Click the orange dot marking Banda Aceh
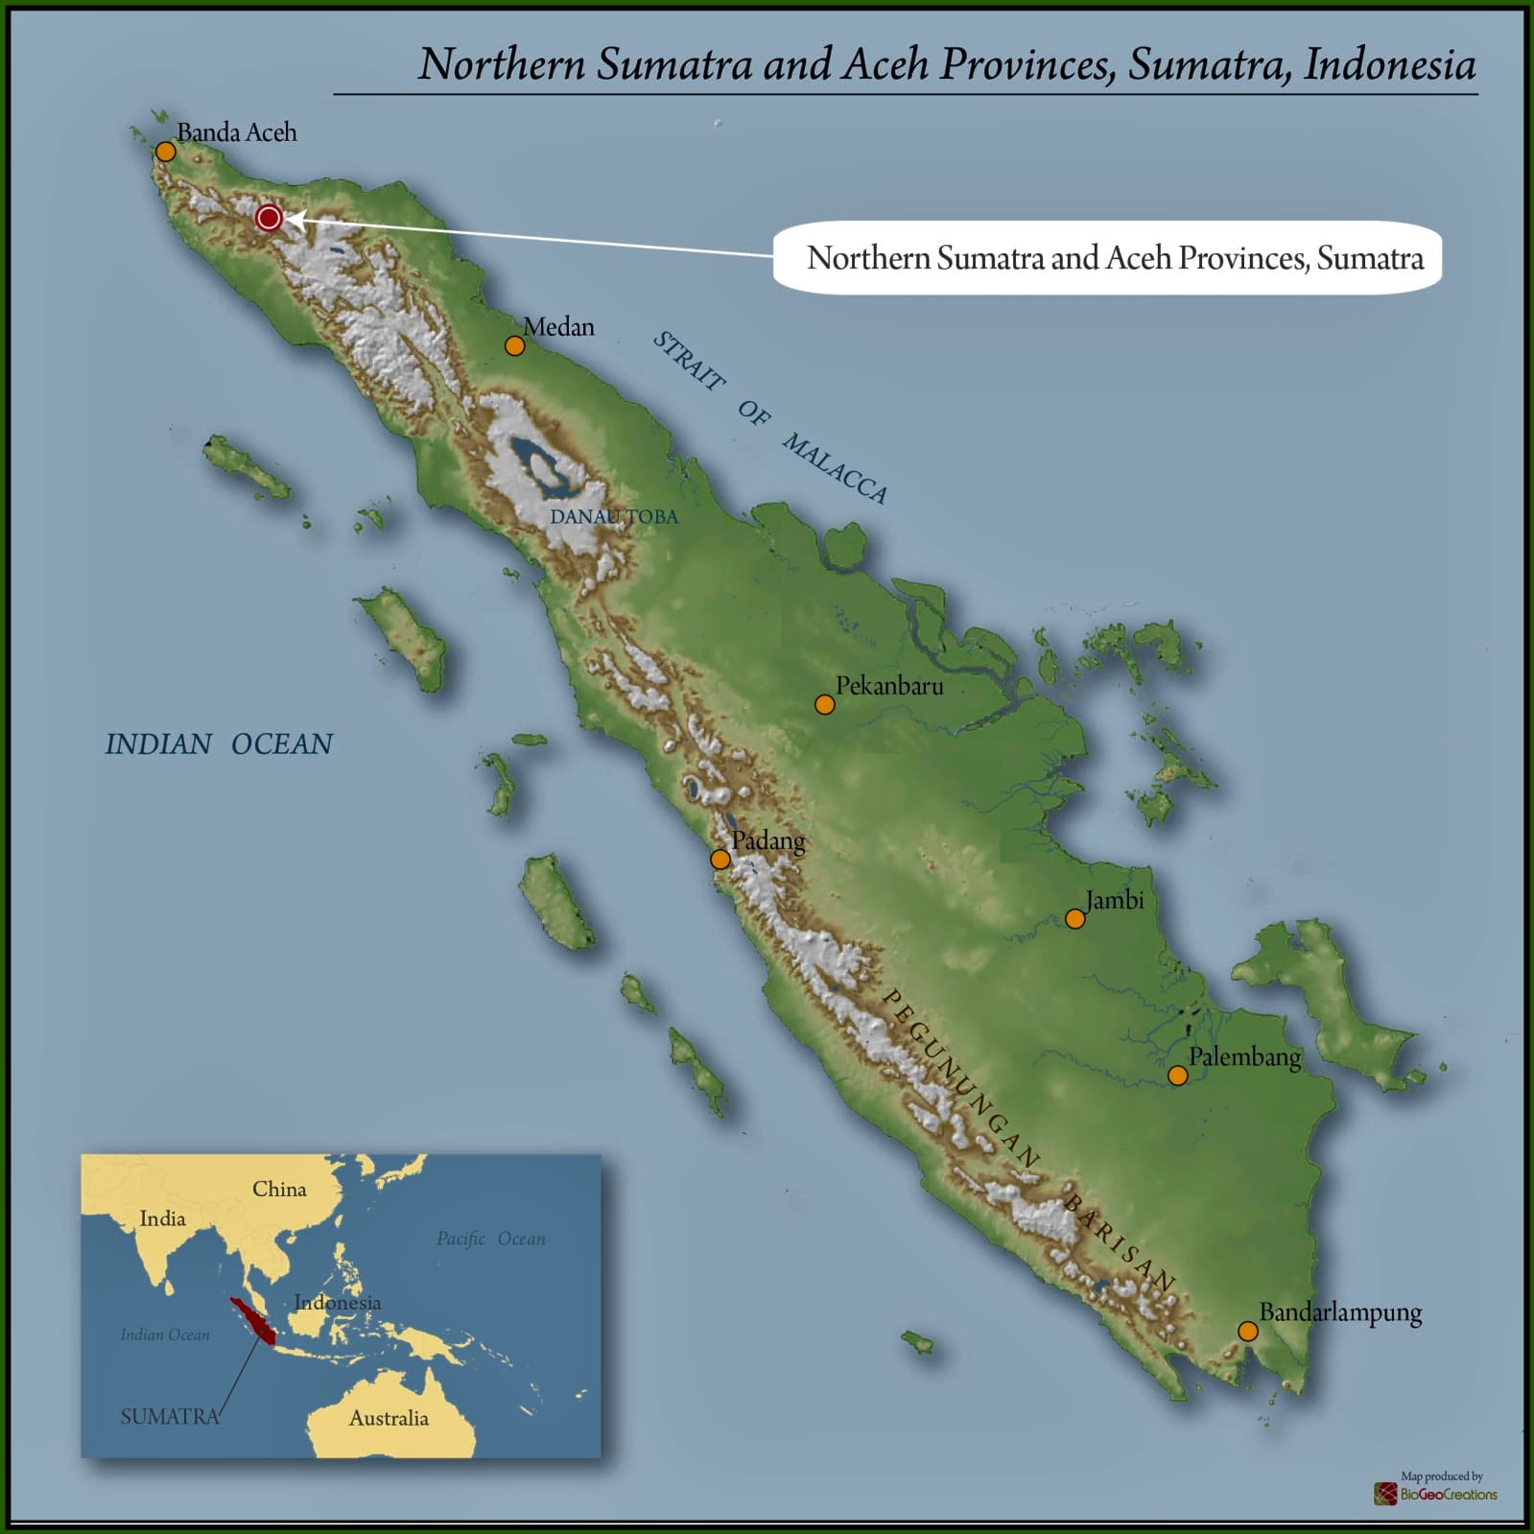tap(166, 152)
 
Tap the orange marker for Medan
tap(515, 345)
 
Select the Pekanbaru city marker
tap(824, 704)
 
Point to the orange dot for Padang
tap(720, 859)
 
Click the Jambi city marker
tap(1075, 919)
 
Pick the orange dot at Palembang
tap(1177, 1075)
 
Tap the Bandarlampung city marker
tap(1247, 1331)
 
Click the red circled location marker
tap(269, 218)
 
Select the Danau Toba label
tap(613, 516)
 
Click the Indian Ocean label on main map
tap(219, 743)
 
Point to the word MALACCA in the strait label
tap(835, 468)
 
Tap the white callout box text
tap(1115, 257)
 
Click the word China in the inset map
tap(279, 1189)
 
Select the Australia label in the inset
tap(389, 1418)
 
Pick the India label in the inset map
tap(162, 1218)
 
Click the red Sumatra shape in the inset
tap(252, 1320)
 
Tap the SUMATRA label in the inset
tap(169, 1416)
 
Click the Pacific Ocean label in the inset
tap(491, 1239)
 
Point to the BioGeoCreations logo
tap(1435, 1493)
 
